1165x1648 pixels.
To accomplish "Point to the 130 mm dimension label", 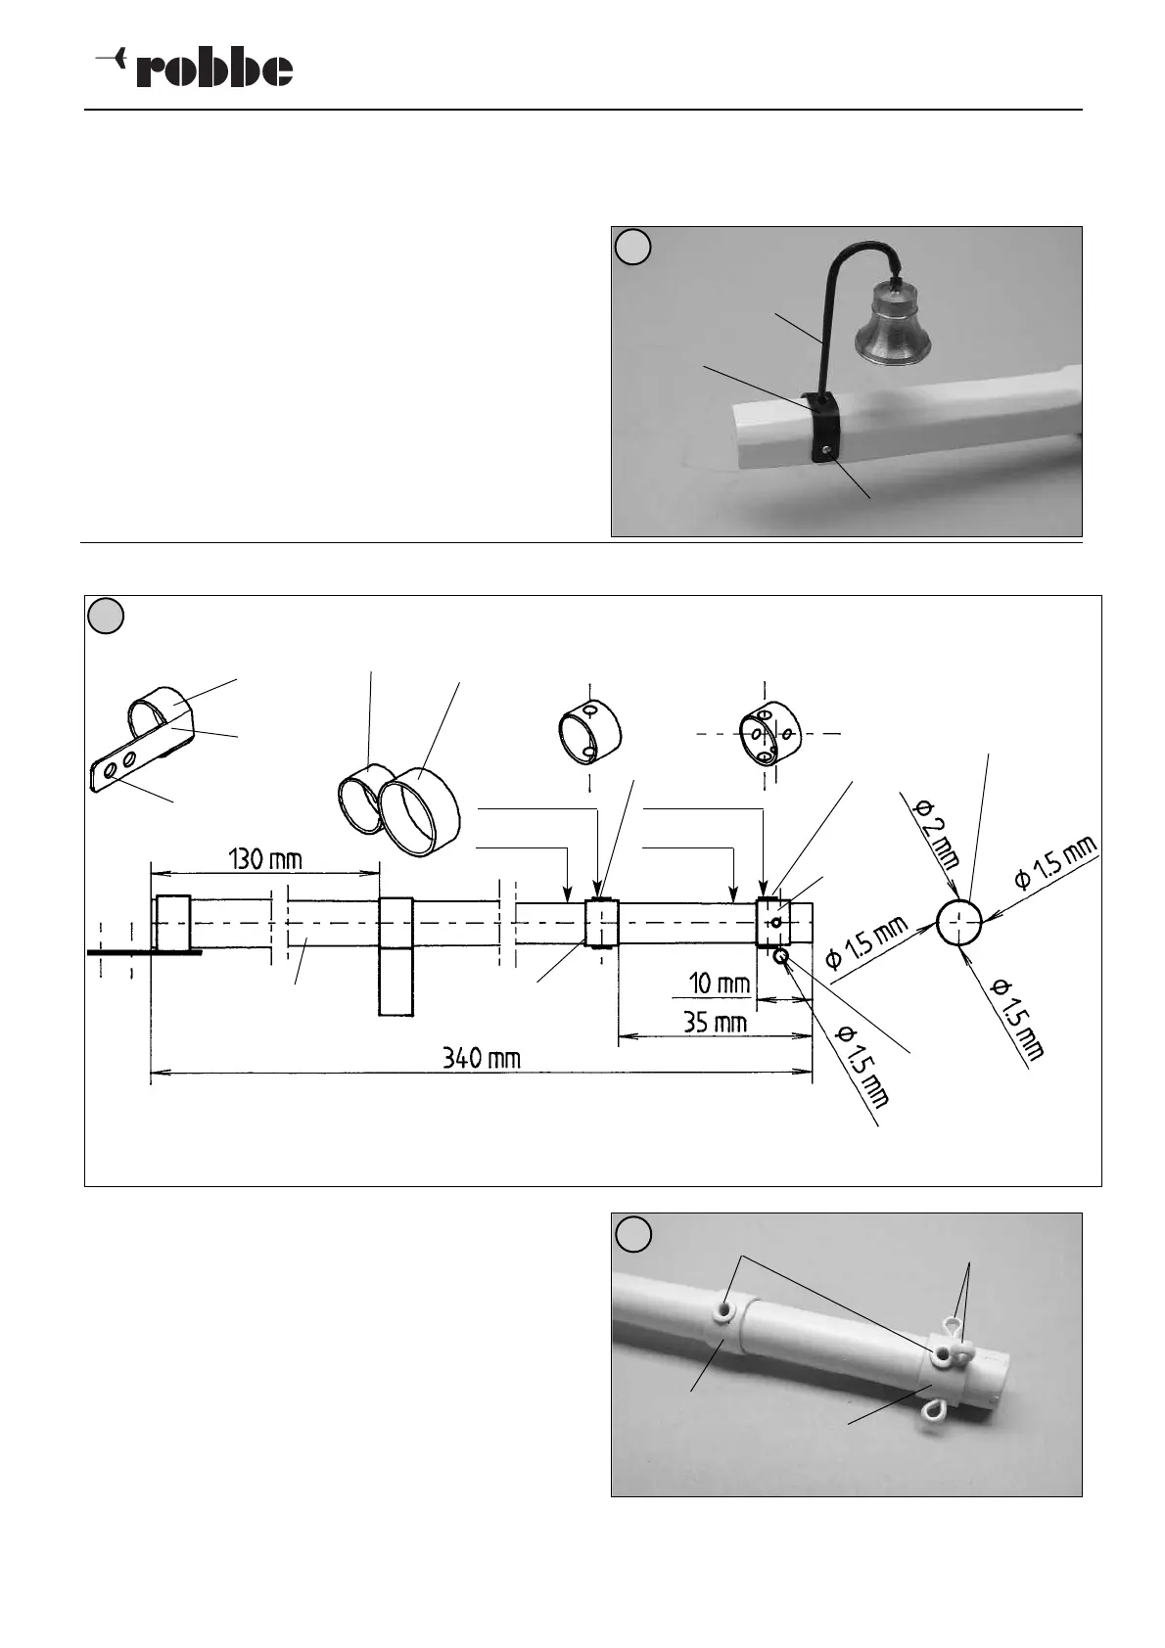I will pos(264,860).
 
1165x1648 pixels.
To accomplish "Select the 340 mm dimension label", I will pos(481,1058).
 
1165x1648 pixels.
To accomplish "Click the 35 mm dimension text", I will pos(715,1023).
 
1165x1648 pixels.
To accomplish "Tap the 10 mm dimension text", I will pos(719,983).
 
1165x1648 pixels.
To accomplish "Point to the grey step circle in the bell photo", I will pos(634,247).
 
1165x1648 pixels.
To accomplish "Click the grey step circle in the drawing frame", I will pos(106,617).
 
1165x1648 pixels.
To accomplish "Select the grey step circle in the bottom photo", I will pos(634,1233).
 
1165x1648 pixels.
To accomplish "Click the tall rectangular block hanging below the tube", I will pos(396,982).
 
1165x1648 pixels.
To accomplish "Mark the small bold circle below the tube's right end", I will pos(781,957).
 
